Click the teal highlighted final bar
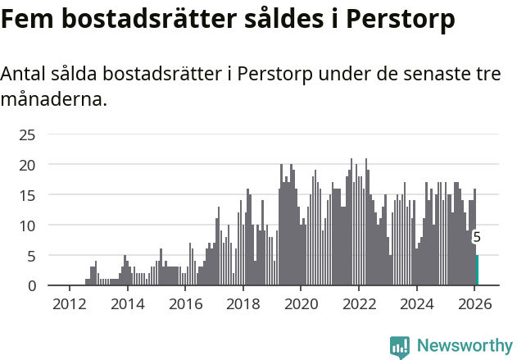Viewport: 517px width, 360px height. point(477,271)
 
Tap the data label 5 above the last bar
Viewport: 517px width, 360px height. point(477,238)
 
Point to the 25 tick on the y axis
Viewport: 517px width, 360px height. point(27,134)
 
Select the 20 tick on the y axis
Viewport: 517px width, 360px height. point(27,165)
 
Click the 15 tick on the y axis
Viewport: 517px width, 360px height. point(27,195)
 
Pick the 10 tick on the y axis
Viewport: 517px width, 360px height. point(27,226)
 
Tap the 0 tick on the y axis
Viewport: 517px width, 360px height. point(31,285)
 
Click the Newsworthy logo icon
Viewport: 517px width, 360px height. point(400,347)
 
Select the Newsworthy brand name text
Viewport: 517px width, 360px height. point(464,347)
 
